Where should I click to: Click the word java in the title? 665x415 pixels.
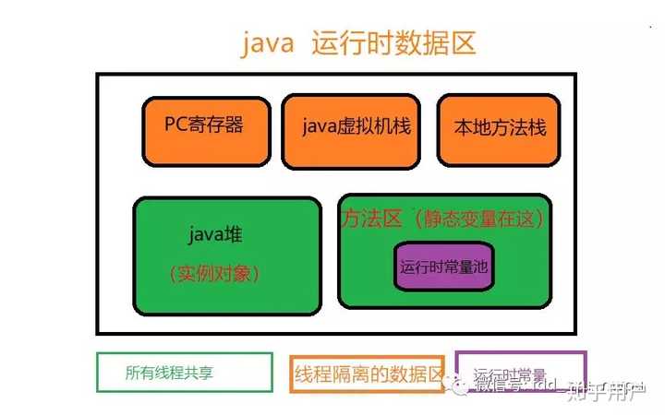click(268, 44)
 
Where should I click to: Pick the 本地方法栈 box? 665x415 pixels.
click(500, 129)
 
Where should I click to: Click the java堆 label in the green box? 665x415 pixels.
click(215, 234)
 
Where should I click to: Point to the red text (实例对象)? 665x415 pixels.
click(215, 273)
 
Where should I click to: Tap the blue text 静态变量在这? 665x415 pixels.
click(479, 219)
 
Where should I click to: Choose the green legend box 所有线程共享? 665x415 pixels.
click(185, 373)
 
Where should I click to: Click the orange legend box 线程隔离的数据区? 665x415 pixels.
click(369, 374)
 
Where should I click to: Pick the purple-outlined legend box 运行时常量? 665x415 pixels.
click(520, 373)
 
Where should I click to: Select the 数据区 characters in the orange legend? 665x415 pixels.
click(419, 374)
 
